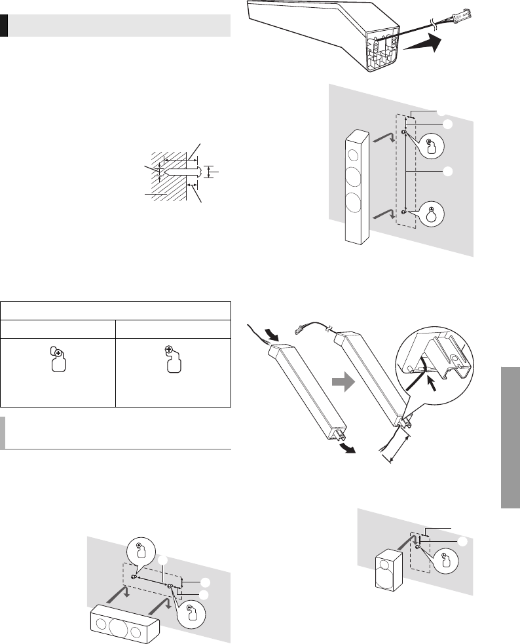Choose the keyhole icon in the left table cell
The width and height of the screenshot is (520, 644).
58,360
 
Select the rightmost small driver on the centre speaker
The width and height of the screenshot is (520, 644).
136,631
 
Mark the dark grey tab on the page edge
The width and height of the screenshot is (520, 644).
510,436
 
